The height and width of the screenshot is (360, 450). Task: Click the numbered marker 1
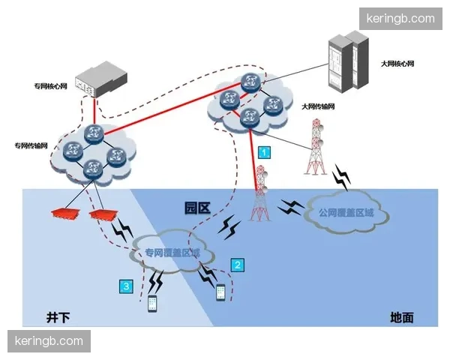coord(264,151)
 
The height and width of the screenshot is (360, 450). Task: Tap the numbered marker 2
coord(238,264)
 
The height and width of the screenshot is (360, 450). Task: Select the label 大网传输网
coord(317,107)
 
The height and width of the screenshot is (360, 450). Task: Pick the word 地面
coord(402,317)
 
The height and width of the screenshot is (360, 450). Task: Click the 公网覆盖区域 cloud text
coord(346,214)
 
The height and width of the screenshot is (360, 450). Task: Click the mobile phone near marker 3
coord(152,304)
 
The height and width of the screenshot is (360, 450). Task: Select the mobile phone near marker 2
coord(221,292)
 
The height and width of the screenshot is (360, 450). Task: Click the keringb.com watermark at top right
coord(399,18)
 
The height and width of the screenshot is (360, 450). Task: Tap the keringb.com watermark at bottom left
coord(50,341)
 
